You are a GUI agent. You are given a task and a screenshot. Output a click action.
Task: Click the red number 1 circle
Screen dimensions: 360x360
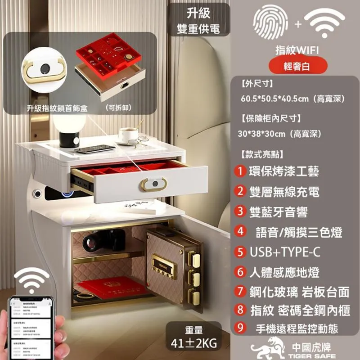pyautogui.click(x=241, y=171)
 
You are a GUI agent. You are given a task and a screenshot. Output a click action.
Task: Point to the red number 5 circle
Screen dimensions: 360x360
pyautogui.click(x=241, y=252)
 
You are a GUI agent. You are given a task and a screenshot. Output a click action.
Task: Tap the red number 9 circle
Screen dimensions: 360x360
pyautogui.click(x=241, y=327)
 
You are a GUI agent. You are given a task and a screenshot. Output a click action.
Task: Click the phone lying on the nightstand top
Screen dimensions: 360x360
pyautogui.click(x=94, y=149)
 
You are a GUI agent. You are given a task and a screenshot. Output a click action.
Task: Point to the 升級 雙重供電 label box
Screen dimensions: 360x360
pyautogui.click(x=198, y=20)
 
